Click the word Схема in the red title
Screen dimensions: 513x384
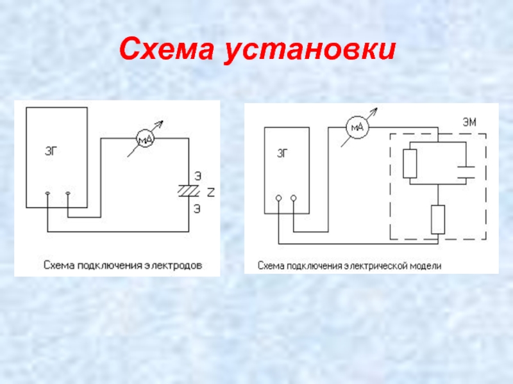(x=167, y=49)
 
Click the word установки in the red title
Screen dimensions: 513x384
(x=310, y=51)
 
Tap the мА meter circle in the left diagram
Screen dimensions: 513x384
(x=145, y=139)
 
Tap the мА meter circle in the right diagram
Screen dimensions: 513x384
(x=357, y=127)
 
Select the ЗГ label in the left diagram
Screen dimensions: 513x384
(x=52, y=152)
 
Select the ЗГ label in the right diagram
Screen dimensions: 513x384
(x=283, y=154)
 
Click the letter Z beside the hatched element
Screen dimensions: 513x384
(x=211, y=193)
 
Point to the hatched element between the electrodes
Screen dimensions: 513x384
(x=189, y=191)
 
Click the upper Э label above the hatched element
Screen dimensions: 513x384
(x=198, y=177)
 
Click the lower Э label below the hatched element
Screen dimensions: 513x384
(x=197, y=209)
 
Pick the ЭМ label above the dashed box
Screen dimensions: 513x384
(x=469, y=122)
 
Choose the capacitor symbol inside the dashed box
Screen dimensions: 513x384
(x=466, y=172)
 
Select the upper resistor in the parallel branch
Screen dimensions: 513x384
(x=410, y=164)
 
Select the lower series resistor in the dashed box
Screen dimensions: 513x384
(x=438, y=220)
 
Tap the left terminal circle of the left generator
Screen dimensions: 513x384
(x=47, y=194)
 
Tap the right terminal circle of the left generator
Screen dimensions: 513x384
(x=68, y=194)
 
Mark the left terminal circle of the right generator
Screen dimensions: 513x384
(x=278, y=198)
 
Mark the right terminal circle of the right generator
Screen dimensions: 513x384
(x=294, y=198)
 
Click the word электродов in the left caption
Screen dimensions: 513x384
(x=173, y=266)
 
